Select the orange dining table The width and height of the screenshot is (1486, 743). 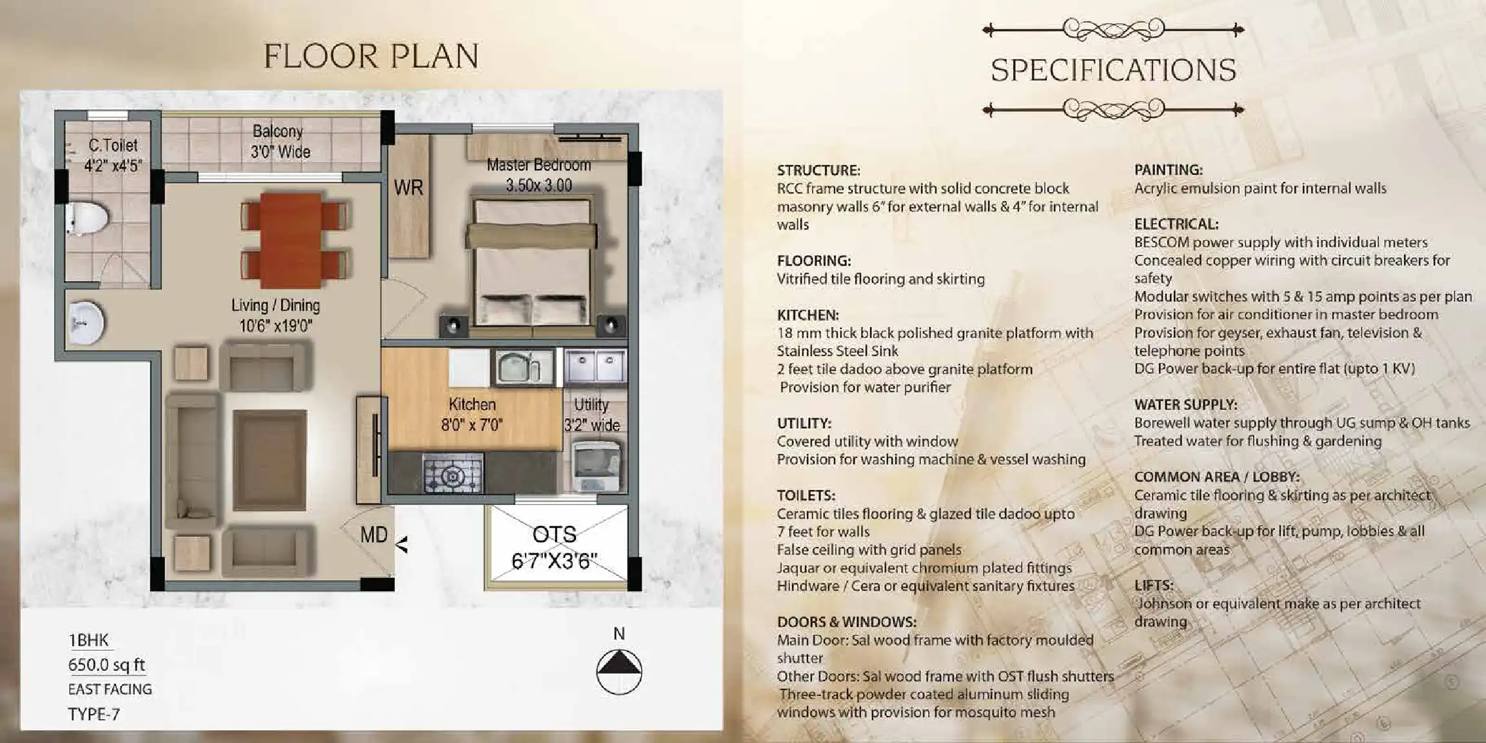click(291, 240)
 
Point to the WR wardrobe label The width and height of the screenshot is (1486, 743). click(408, 188)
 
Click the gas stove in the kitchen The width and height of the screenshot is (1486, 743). click(453, 473)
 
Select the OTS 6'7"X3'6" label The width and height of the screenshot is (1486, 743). click(554, 548)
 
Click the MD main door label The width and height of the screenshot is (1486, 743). click(373, 535)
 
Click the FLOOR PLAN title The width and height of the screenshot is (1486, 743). click(371, 57)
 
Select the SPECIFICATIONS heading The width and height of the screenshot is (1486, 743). click(1113, 70)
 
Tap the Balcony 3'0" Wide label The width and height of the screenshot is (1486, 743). click(279, 141)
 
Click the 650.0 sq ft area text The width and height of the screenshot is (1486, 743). click(106, 665)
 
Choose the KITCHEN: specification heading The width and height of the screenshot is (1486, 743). click(807, 315)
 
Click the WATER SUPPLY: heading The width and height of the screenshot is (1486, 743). click(1185, 405)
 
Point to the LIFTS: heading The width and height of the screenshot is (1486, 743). click(1154, 586)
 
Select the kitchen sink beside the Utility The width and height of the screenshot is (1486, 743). click(524, 367)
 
